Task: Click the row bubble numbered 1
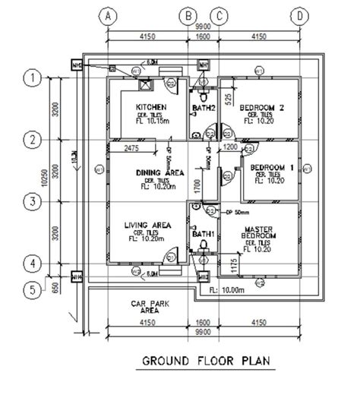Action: (x=32, y=77)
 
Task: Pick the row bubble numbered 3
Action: (x=32, y=202)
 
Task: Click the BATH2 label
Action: (x=204, y=109)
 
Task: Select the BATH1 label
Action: (x=204, y=234)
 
